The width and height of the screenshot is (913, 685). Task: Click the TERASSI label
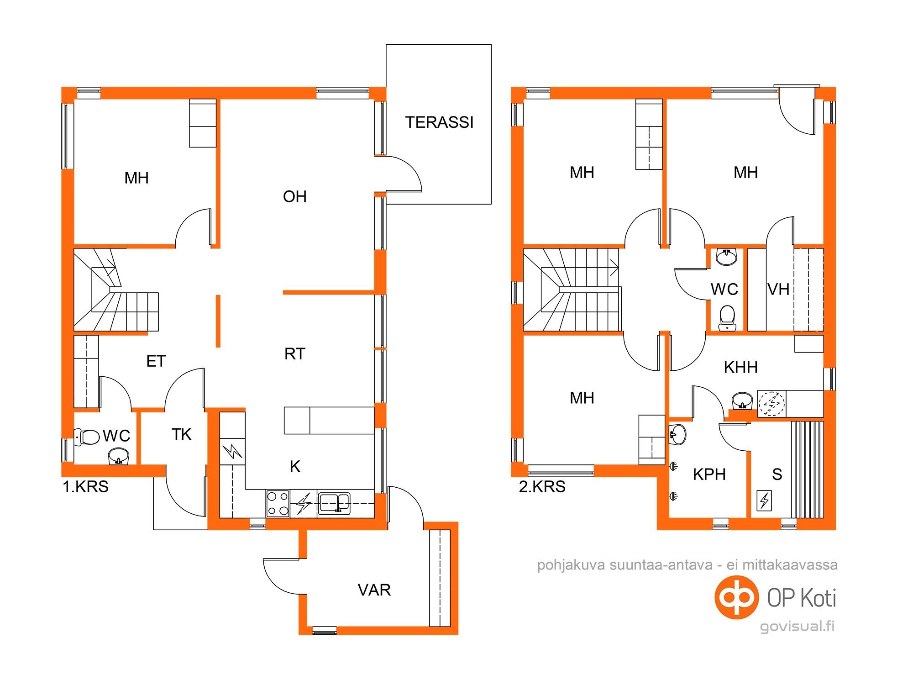tap(439, 122)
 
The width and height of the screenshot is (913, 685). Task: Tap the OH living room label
tap(295, 197)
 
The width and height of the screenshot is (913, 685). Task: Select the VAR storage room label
tap(374, 590)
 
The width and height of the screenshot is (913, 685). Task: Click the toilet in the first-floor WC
tap(87, 437)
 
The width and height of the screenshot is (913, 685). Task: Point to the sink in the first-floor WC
tap(119, 456)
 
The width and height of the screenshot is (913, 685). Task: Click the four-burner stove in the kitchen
tap(278, 503)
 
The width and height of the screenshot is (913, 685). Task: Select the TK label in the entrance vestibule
tap(181, 434)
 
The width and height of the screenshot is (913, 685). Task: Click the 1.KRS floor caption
tap(85, 487)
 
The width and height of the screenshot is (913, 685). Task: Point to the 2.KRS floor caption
tap(542, 487)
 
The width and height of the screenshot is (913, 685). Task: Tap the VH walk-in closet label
tap(778, 290)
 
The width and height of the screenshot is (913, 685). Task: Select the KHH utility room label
tap(741, 367)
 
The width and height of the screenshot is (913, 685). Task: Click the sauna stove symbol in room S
tap(764, 500)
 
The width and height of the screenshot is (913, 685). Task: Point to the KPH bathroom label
tap(709, 474)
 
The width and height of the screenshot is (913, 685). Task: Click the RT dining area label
tap(294, 354)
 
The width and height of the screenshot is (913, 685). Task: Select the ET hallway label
tap(156, 362)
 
